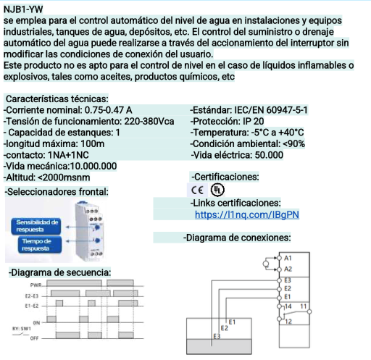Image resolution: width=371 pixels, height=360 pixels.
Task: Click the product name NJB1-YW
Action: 23,8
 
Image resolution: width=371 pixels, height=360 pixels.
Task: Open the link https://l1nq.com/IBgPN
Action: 247,214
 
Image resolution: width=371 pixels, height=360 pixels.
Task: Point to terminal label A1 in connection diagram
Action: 288,258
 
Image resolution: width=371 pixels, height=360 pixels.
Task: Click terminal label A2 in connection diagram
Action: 288,269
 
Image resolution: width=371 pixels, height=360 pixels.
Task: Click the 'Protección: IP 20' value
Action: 227,121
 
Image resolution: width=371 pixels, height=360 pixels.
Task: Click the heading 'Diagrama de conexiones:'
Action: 238,237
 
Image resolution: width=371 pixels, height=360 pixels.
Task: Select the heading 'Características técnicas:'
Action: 57,99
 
